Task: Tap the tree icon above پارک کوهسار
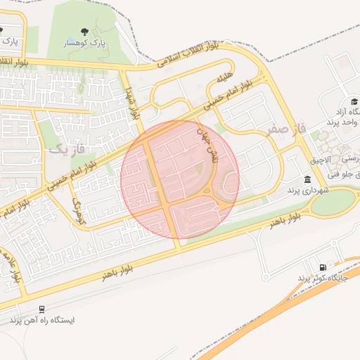(84, 32)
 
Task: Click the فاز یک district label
(66, 149)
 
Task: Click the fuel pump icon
(323, 266)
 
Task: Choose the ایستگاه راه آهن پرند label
(42, 320)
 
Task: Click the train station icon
(42, 309)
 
